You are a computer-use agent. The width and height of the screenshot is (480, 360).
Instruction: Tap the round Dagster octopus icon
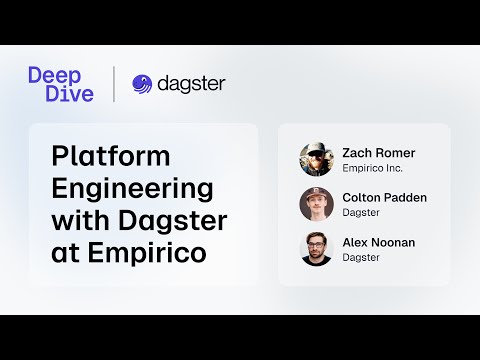point(142,84)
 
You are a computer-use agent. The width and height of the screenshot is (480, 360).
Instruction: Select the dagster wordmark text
point(191,84)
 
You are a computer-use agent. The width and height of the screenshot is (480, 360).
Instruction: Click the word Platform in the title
point(110,157)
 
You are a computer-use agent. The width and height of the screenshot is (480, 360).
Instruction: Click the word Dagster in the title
point(180,220)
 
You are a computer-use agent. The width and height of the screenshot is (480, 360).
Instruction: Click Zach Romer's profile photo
point(316,159)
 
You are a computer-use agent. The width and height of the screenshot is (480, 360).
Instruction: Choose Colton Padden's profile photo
point(316,204)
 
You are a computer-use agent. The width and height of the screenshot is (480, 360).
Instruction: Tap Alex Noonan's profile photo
point(316,248)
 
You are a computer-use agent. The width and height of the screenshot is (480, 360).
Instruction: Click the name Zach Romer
point(378,153)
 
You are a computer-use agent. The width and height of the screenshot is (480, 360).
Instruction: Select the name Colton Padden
point(384,197)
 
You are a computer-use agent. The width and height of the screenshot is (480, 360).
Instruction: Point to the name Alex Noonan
point(378,242)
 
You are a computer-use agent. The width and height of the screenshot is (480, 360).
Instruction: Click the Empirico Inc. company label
point(372,168)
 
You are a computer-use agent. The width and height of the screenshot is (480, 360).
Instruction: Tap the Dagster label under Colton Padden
point(361,213)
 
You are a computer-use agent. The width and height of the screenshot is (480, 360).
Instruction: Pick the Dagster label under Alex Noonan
point(361,257)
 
